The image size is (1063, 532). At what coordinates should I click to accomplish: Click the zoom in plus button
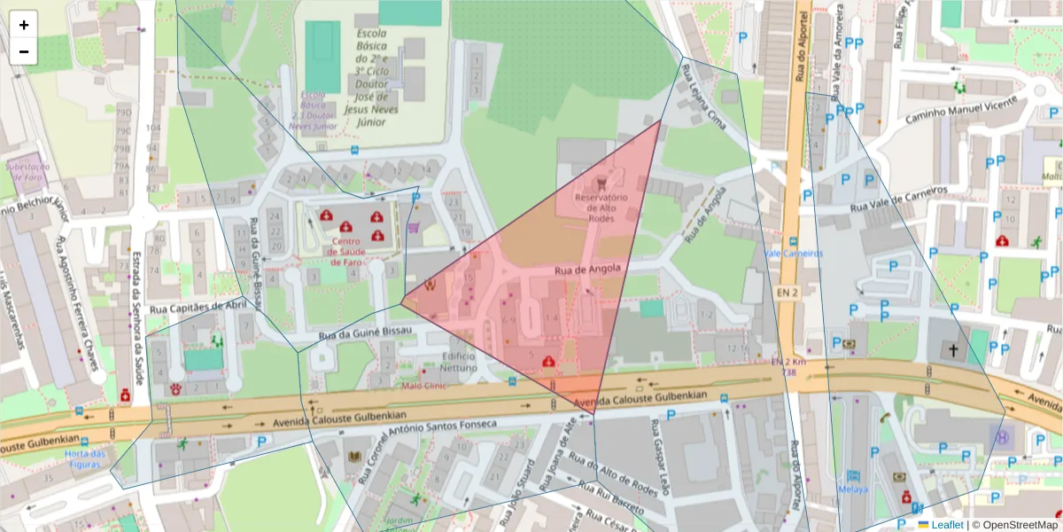(24, 25)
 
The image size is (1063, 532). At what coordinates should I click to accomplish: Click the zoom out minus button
(24, 51)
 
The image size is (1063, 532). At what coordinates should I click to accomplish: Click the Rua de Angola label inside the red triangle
(585, 269)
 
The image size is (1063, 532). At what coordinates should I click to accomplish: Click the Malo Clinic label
(424, 386)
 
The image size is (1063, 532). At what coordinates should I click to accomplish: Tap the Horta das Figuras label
(85, 459)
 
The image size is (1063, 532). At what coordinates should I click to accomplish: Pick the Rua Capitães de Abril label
(198, 306)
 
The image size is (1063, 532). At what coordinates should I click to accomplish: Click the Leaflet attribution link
(947, 525)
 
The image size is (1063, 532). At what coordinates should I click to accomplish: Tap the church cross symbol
(953, 351)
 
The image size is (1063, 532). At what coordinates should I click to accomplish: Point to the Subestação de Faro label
(27, 170)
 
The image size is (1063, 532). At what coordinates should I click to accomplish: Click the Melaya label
(853, 489)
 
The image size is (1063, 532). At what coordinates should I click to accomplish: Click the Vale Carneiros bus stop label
(793, 253)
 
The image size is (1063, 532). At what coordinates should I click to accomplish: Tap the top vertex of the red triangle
(662, 120)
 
